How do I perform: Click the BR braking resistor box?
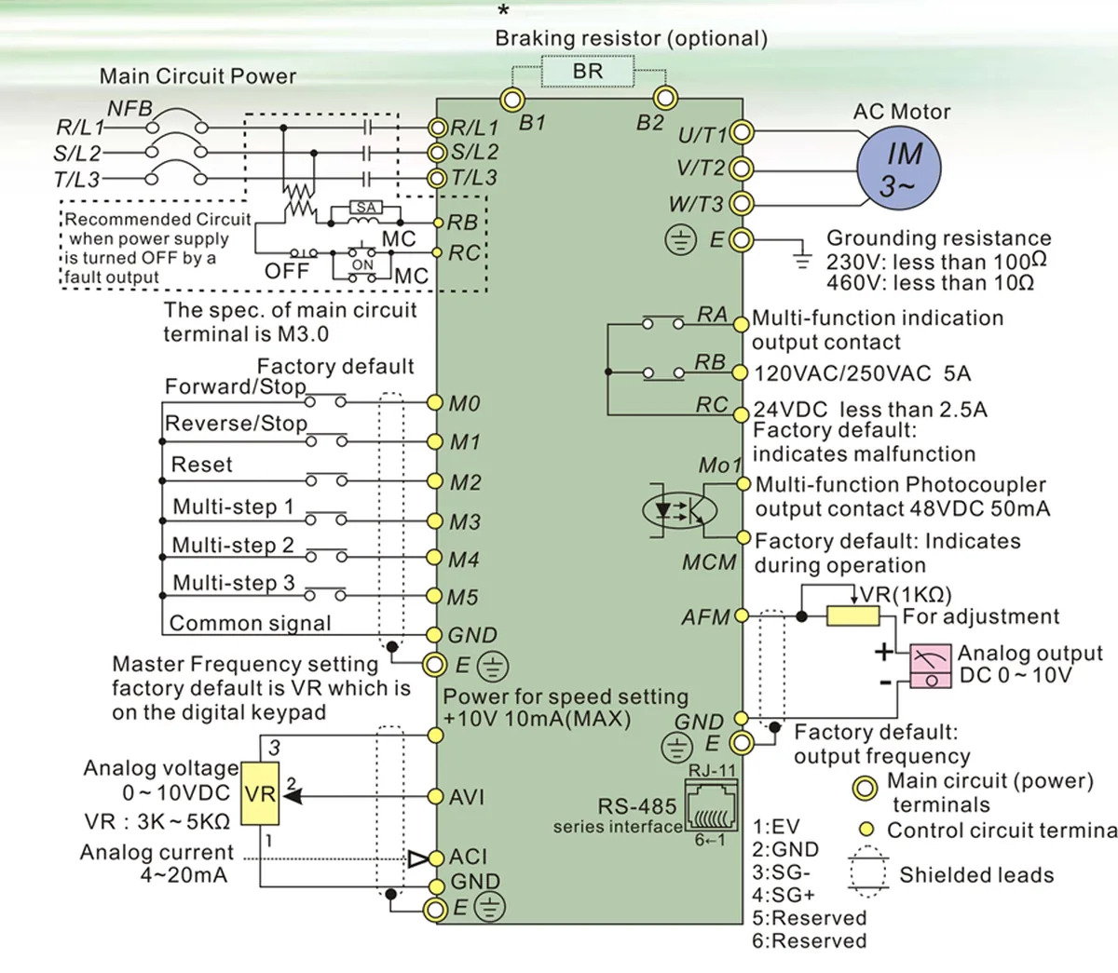point(588,71)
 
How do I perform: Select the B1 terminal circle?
point(511,100)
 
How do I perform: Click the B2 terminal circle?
point(664,98)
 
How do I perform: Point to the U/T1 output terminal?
point(742,133)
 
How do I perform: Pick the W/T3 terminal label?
point(695,204)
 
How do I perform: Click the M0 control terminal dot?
point(434,402)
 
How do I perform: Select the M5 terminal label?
point(464,598)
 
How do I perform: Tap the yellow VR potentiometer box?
point(260,793)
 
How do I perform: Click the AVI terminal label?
point(467,797)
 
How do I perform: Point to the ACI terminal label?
point(468,857)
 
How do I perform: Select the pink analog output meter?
point(930,666)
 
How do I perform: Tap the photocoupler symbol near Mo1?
point(680,510)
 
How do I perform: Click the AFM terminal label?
point(705,616)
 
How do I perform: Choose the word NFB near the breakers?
point(130,108)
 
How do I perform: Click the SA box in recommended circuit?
point(366,208)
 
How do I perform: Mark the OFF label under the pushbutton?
point(287,271)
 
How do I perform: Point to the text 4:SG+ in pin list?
point(784,895)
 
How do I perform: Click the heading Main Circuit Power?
point(198,76)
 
